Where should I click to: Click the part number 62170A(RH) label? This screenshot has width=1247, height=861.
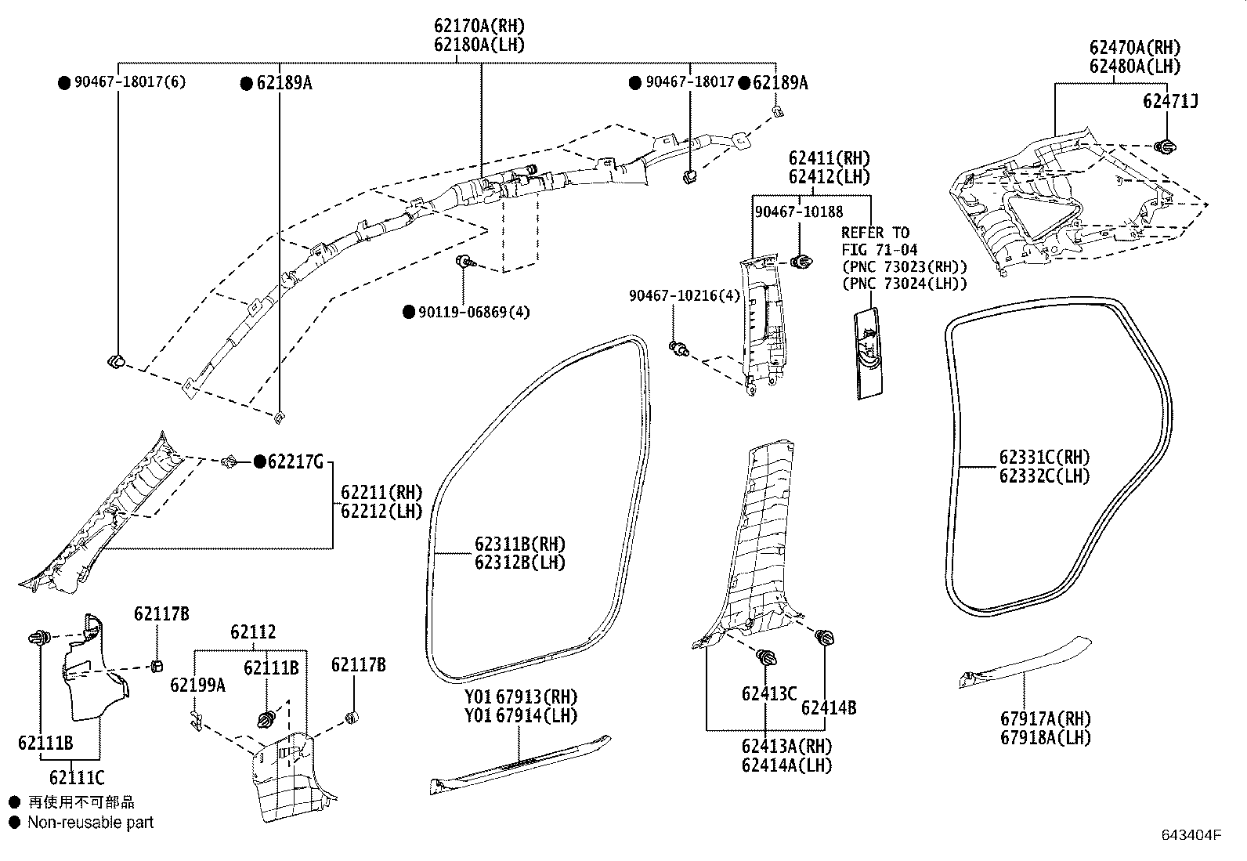479,27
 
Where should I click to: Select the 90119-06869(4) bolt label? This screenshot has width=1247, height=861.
473,312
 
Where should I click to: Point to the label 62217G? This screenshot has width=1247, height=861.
295,462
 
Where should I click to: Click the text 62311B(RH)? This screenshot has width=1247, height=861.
519,544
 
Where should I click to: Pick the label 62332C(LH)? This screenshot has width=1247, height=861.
1043,476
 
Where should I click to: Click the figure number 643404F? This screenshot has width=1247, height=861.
1191,835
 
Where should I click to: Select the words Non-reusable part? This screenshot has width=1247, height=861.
90,823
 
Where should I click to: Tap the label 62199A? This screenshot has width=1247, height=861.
197,685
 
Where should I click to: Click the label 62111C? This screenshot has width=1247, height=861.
76,778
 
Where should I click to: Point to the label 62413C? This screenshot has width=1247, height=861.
768,693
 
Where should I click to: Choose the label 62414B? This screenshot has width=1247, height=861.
828,708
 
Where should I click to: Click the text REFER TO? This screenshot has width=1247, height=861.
875,233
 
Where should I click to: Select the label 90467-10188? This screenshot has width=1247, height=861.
798,212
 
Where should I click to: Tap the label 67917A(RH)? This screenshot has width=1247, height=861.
1043,718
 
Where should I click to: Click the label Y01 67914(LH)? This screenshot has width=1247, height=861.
519,715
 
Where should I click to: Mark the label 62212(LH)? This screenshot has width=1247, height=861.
381,512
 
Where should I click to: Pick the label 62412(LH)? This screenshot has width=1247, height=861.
829,177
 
